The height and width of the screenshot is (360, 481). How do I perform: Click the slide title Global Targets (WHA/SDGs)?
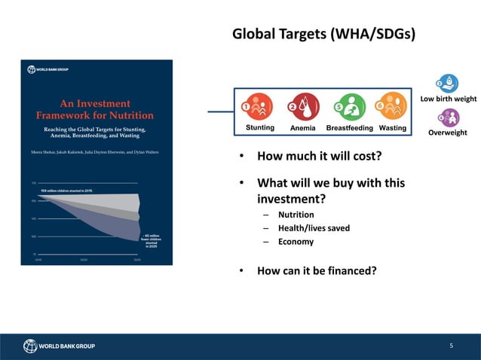coord(323,35)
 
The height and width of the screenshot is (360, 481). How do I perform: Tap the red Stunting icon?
coord(259,108)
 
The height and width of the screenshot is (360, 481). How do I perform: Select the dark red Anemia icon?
coord(304,108)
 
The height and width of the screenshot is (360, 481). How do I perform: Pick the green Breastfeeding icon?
coord(349,108)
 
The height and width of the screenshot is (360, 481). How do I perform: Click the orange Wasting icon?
coord(391,107)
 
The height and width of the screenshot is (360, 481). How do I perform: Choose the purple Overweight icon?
coord(449,117)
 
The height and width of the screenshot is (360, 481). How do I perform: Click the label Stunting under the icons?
coord(260,128)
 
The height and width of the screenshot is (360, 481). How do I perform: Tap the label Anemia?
coord(303,128)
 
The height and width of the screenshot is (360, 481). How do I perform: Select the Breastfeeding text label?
coord(349,128)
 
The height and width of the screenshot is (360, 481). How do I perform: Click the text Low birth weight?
coord(448,99)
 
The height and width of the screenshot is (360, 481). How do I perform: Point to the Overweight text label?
coord(448,133)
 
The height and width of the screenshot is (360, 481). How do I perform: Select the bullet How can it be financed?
coord(317,271)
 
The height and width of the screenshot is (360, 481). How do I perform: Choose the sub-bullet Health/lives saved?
coord(314,228)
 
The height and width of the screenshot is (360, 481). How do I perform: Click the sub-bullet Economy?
coord(296,242)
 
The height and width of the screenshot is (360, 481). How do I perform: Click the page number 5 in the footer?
coord(451,346)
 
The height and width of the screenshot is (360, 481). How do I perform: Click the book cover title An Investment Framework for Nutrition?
coord(95,109)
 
